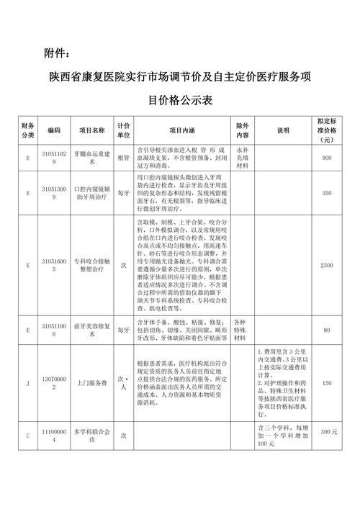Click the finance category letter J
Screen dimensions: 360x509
pyautogui.click(x=27, y=383)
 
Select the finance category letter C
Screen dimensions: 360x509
pyautogui.click(x=27, y=436)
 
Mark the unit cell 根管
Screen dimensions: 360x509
pyautogui.click(x=123, y=158)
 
